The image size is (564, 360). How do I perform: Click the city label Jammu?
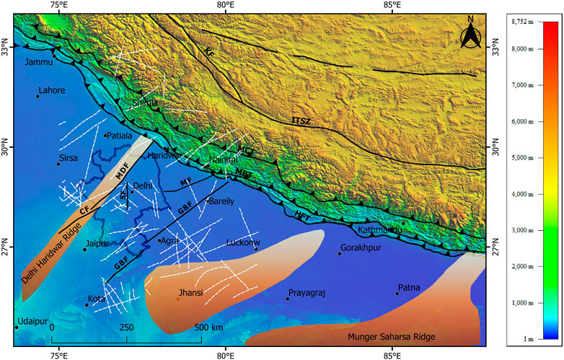(40, 62)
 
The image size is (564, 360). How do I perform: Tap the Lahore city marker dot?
(37, 96)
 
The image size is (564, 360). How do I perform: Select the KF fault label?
(209, 53)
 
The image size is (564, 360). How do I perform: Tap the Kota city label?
(96, 298)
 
